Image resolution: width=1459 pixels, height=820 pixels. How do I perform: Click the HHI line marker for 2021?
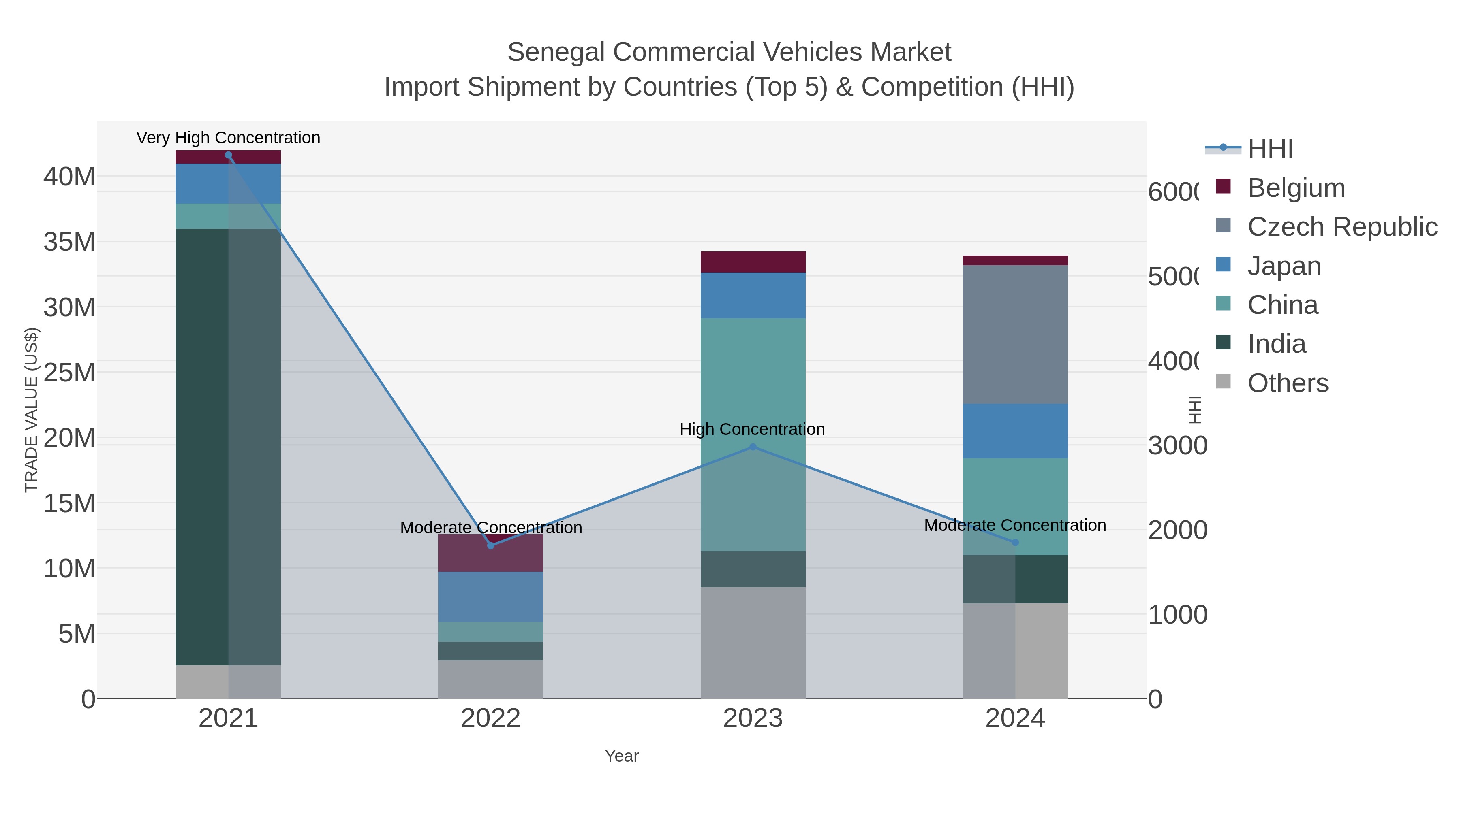(228, 155)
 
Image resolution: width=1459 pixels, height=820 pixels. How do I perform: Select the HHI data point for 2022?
(490, 545)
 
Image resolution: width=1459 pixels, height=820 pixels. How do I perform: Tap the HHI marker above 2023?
(753, 447)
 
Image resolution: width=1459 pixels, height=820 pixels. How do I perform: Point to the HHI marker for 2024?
(1015, 543)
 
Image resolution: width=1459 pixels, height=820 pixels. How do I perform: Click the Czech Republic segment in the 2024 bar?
(1015, 334)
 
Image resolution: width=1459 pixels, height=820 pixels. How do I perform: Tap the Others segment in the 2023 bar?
(753, 642)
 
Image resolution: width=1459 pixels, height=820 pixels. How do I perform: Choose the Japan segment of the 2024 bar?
(1015, 431)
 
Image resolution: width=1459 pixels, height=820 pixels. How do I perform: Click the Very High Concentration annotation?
(228, 138)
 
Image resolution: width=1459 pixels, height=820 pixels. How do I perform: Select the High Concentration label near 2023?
(752, 430)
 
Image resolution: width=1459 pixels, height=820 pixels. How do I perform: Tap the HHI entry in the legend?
(1270, 149)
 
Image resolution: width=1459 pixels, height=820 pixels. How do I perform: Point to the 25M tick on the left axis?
(69, 373)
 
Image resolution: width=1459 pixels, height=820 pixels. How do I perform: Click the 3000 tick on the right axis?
(1177, 446)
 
